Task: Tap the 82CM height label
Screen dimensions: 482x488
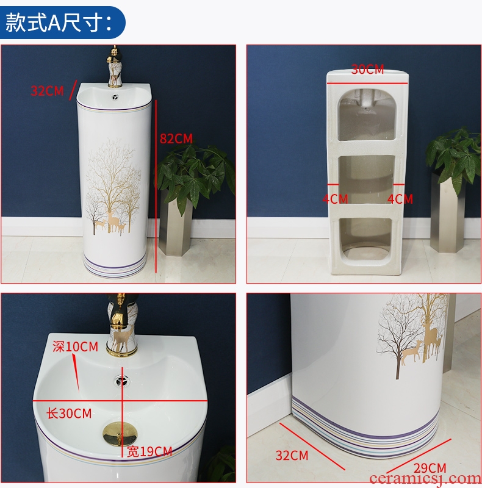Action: (x=176, y=138)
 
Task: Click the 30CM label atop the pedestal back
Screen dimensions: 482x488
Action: (x=367, y=70)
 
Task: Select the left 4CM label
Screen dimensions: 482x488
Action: (x=336, y=199)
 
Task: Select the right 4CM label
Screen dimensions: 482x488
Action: (x=400, y=199)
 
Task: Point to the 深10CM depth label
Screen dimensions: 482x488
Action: (x=75, y=346)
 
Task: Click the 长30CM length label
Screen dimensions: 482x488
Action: (x=69, y=414)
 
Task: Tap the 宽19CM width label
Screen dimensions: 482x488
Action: (x=149, y=451)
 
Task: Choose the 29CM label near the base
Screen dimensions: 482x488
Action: (x=430, y=468)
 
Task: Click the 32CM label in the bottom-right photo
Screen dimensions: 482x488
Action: (x=292, y=455)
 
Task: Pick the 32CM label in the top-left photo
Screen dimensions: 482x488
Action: (x=47, y=91)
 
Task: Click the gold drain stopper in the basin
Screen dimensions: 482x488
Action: (x=120, y=433)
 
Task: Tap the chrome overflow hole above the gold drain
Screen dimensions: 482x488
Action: (x=121, y=380)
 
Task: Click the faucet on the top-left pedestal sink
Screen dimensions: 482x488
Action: (x=114, y=66)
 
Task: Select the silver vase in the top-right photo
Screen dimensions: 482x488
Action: (x=445, y=212)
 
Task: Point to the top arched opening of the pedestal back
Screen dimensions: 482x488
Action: (x=367, y=115)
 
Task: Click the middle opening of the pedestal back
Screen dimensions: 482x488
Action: (x=367, y=179)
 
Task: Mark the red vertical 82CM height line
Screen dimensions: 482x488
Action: (x=156, y=186)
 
